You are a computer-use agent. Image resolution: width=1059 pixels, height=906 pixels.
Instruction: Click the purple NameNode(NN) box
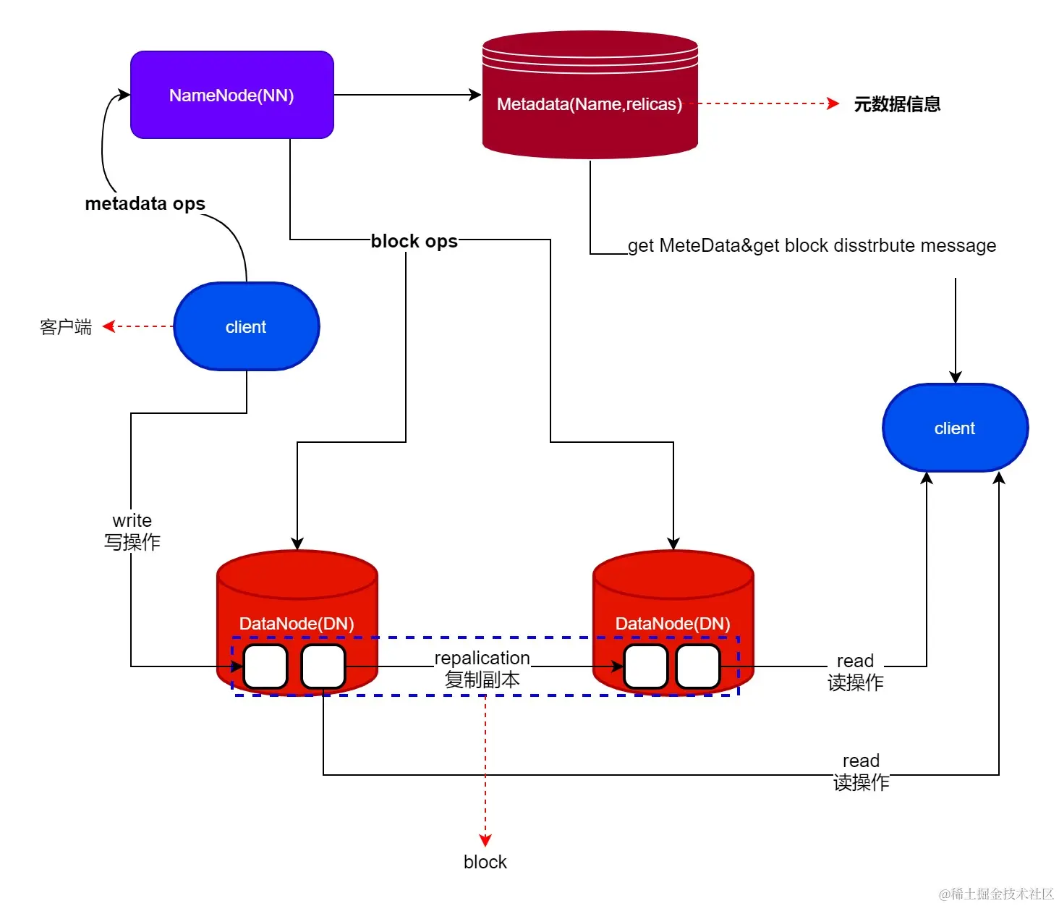(x=231, y=95)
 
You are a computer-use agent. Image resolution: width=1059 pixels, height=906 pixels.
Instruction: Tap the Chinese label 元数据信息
(x=897, y=104)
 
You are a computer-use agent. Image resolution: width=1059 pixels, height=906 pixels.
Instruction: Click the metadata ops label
(x=145, y=203)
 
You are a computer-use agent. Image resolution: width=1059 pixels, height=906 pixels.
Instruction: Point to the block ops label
(x=414, y=241)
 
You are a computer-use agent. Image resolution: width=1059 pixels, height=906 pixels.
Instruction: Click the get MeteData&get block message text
(x=812, y=245)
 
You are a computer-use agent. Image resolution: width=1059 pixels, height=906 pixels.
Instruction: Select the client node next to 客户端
(x=246, y=326)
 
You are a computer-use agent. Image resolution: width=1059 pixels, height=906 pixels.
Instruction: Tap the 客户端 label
(x=66, y=327)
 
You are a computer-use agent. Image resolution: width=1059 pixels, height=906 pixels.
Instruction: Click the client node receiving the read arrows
(x=955, y=428)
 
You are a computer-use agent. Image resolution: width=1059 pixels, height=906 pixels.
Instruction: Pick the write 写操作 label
(x=132, y=531)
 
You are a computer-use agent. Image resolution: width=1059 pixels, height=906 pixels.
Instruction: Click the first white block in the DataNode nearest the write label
(x=265, y=666)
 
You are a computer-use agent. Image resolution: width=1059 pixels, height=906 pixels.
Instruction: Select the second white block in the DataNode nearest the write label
(x=323, y=666)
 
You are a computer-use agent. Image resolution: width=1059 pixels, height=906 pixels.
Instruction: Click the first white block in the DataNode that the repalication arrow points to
(x=645, y=666)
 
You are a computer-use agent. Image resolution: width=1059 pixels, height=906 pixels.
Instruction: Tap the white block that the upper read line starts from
(x=698, y=666)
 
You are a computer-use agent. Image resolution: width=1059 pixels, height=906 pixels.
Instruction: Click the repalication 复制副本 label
(x=482, y=669)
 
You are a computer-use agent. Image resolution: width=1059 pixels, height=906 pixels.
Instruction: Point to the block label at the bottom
(x=485, y=862)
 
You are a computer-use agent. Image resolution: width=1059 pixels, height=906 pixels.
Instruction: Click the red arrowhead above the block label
(x=485, y=840)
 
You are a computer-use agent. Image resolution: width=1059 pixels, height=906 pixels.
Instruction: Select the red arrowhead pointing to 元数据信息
(x=833, y=103)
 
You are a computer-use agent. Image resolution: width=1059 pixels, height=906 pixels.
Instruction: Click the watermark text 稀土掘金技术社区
(x=997, y=894)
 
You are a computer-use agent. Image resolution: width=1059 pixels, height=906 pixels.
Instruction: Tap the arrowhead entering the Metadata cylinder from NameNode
(x=475, y=95)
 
